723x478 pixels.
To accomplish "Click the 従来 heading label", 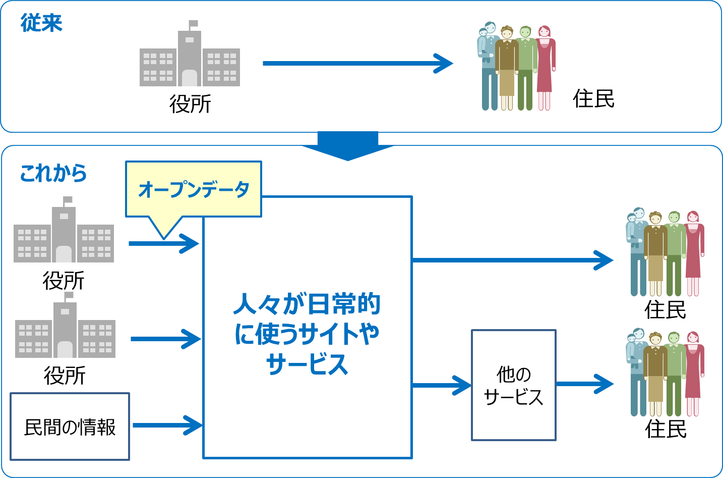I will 41,23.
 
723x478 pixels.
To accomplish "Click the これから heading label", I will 53,173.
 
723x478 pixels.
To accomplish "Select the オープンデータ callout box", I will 194,189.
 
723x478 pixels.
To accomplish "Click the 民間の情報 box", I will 70,427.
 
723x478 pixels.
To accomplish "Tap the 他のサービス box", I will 513,386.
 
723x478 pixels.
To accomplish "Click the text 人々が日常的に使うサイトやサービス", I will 307,334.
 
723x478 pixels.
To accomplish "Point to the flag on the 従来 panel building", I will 193,24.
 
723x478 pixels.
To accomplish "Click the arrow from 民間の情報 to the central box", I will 167,425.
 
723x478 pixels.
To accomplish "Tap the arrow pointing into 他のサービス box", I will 442,386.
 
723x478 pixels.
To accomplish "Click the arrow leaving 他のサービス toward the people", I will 585,384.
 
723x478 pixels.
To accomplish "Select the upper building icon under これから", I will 64,235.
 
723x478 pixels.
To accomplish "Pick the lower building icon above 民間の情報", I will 65,330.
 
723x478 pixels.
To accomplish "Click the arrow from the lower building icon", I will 165,339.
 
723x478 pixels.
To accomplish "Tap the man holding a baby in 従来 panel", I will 488,66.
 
